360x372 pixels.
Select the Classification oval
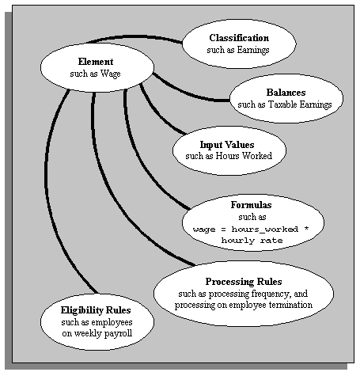click(x=239, y=43)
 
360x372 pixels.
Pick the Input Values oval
click(x=229, y=150)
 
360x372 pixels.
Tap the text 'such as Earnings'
click(x=239, y=50)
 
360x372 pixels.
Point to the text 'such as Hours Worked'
click(x=229, y=156)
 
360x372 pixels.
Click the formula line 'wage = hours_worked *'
click(x=242, y=227)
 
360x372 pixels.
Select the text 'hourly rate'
click(x=242, y=239)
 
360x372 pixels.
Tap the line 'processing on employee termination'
click(x=244, y=305)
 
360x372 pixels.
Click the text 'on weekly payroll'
click(x=97, y=334)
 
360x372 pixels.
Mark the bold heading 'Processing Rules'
click(x=244, y=282)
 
